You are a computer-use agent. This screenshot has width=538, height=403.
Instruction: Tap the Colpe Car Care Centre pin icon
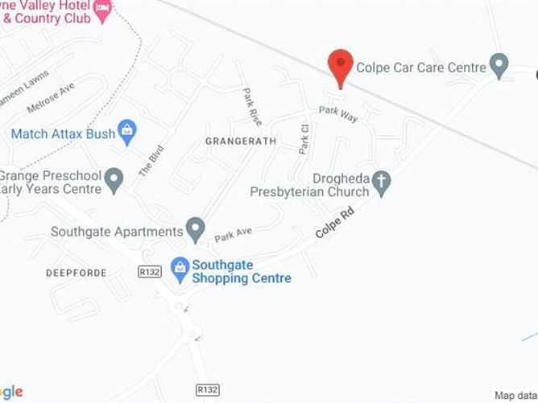point(500,66)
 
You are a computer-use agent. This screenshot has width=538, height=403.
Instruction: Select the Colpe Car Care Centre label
point(420,67)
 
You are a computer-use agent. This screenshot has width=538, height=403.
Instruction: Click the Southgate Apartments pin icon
point(195,228)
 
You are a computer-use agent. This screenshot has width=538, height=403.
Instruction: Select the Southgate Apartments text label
point(117,232)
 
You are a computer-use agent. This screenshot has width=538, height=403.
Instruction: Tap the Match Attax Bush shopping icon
point(126,130)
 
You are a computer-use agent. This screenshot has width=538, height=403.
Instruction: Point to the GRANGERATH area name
point(241,141)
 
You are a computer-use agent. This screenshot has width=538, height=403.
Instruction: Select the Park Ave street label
point(233,234)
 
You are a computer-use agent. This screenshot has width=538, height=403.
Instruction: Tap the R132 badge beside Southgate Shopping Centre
point(151,272)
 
